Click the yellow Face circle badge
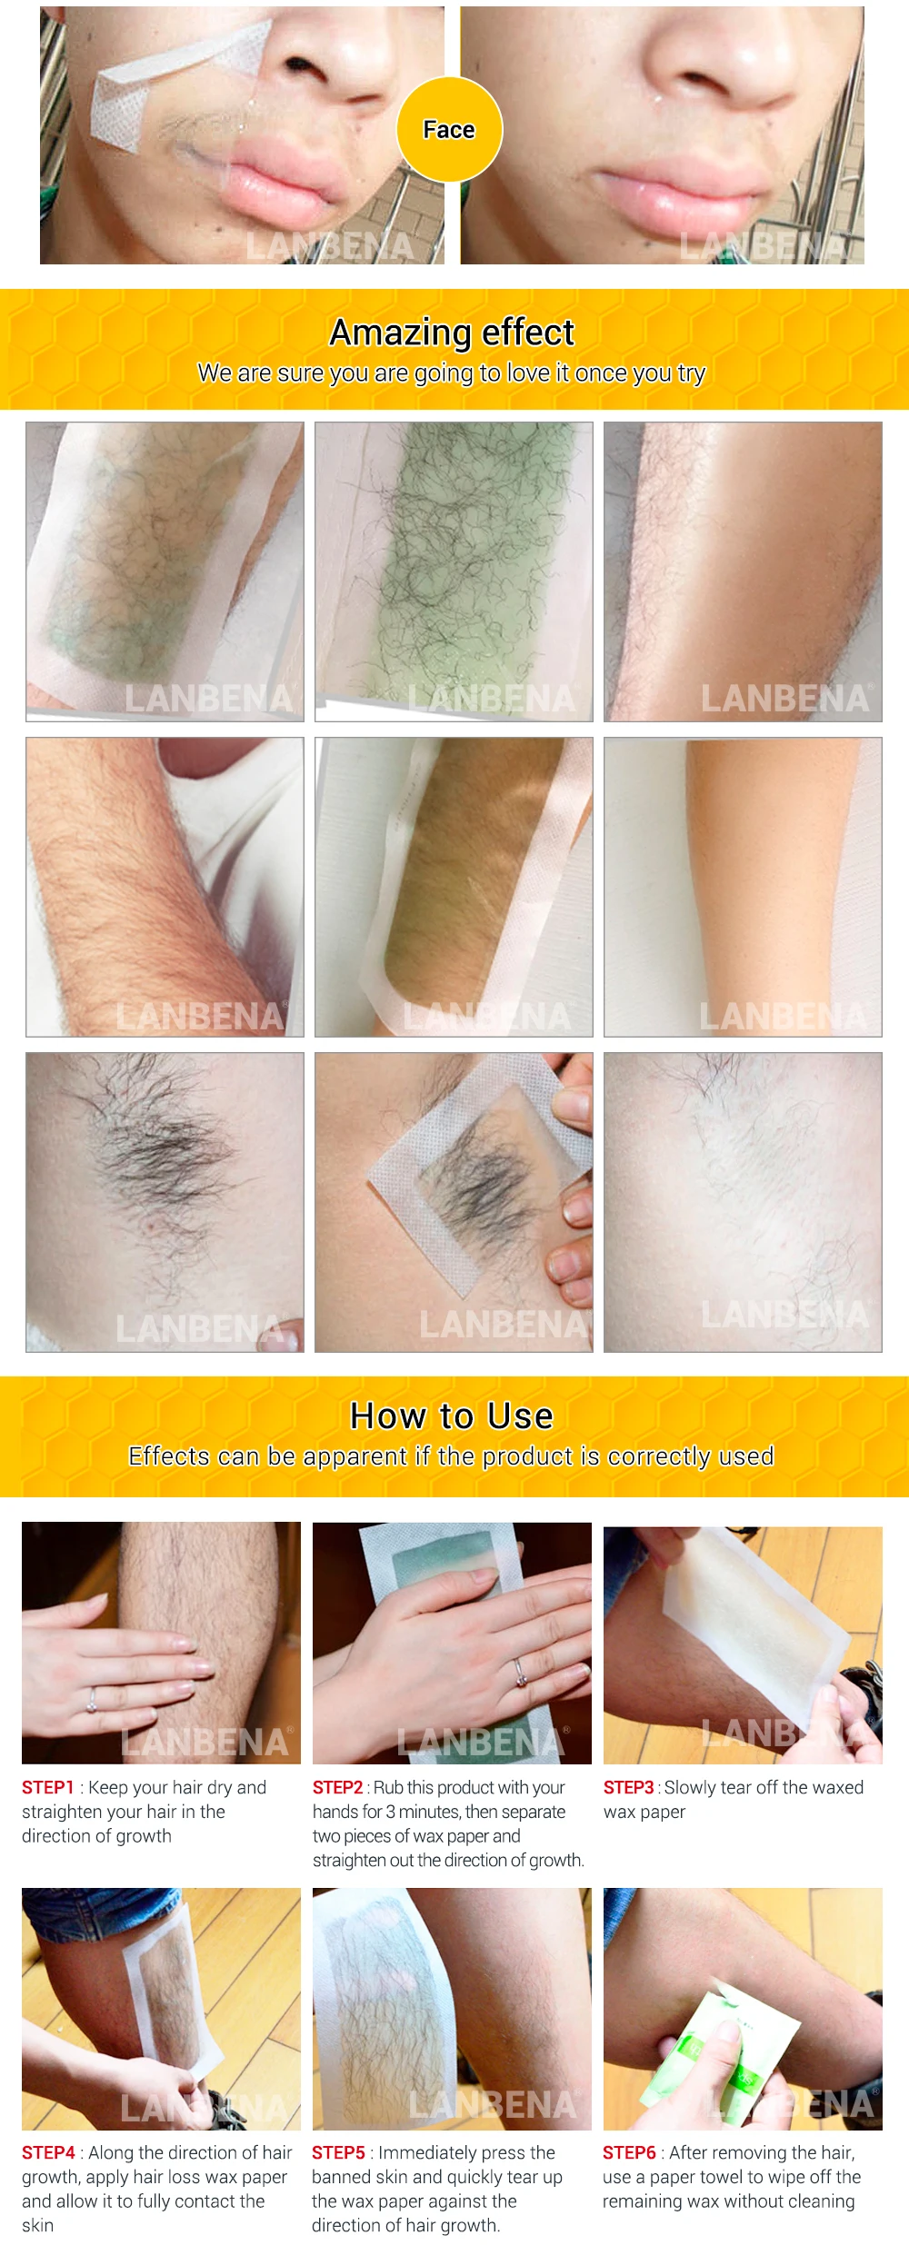tap(449, 130)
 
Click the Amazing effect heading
tap(452, 333)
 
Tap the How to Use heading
tap(452, 1416)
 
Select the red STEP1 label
tap(47, 1787)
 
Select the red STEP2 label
tap(337, 1787)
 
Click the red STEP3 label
tap(628, 1787)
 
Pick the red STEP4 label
tap(48, 2152)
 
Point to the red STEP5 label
tap(338, 2152)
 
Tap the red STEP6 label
tap(629, 2152)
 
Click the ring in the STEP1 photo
tap(92, 1700)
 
